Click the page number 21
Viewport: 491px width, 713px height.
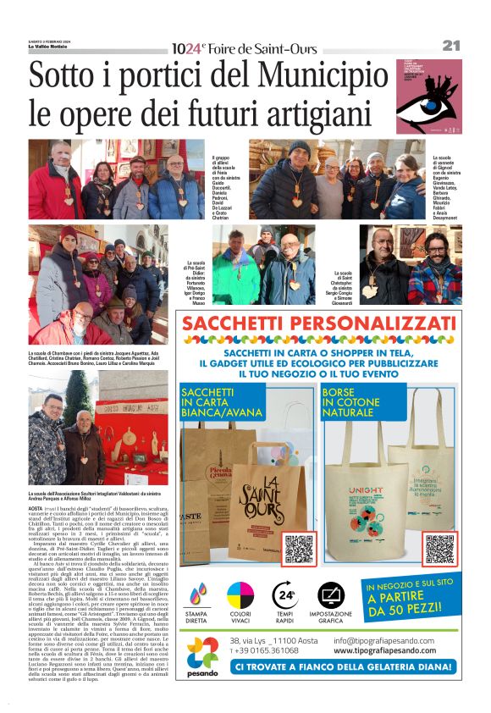(x=450, y=46)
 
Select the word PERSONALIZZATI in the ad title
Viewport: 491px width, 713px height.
(x=374, y=324)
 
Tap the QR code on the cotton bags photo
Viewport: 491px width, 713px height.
(x=439, y=549)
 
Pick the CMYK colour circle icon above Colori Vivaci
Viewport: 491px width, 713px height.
(x=240, y=597)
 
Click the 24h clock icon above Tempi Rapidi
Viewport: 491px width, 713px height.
(x=284, y=597)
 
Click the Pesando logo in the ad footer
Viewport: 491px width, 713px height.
(x=202, y=656)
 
